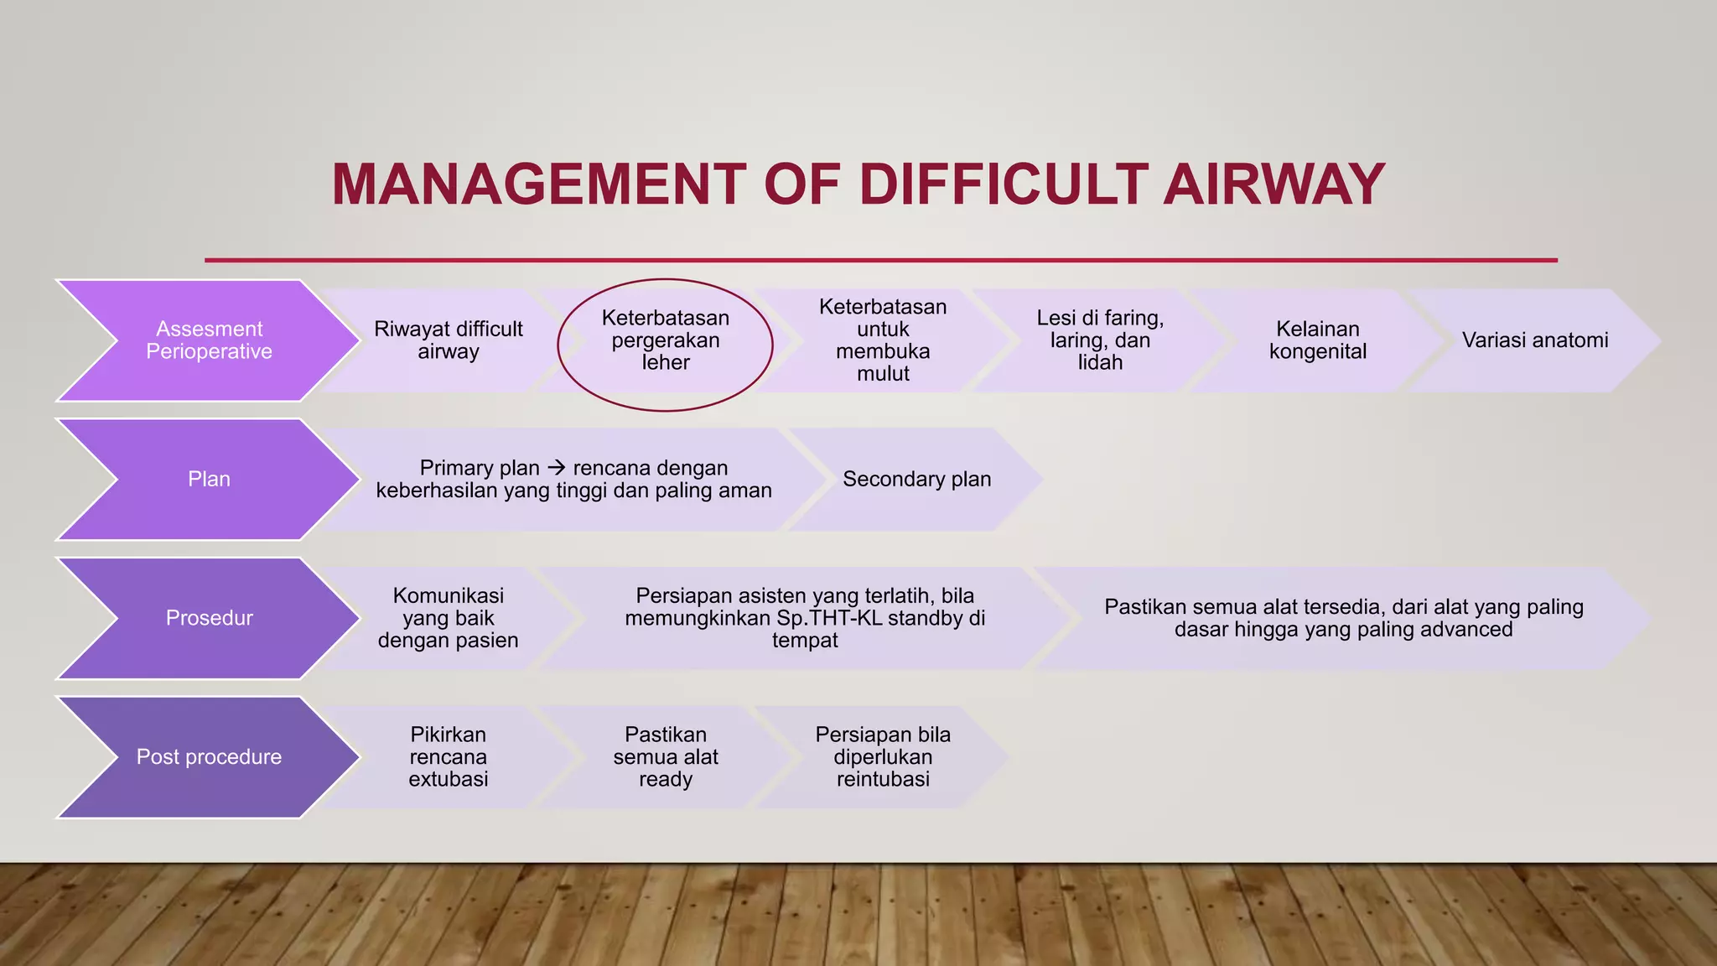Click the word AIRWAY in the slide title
pyautogui.click(x=1273, y=184)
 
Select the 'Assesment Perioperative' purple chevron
pyautogui.click(x=209, y=340)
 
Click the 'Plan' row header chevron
pyautogui.click(x=209, y=480)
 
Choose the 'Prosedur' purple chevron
pyautogui.click(x=209, y=618)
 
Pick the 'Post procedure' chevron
pyautogui.click(x=209, y=757)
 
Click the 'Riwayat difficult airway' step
pyautogui.click(x=448, y=340)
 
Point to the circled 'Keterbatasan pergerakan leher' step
pyautogui.click(x=665, y=340)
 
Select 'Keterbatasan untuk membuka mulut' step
pyautogui.click(x=882, y=340)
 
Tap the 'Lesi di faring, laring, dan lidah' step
pyautogui.click(x=1100, y=340)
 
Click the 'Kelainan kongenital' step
pyautogui.click(x=1317, y=340)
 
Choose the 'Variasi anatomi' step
pyautogui.click(x=1534, y=340)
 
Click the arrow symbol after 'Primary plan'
pyautogui.click(x=556, y=468)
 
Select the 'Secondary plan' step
pyautogui.click(x=916, y=480)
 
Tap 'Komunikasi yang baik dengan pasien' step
pyautogui.click(x=448, y=618)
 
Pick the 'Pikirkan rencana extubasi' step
pyautogui.click(x=448, y=757)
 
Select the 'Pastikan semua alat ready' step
pyautogui.click(x=665, y=757)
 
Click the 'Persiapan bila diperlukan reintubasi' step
pyautogui.click(x=882, y=757)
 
